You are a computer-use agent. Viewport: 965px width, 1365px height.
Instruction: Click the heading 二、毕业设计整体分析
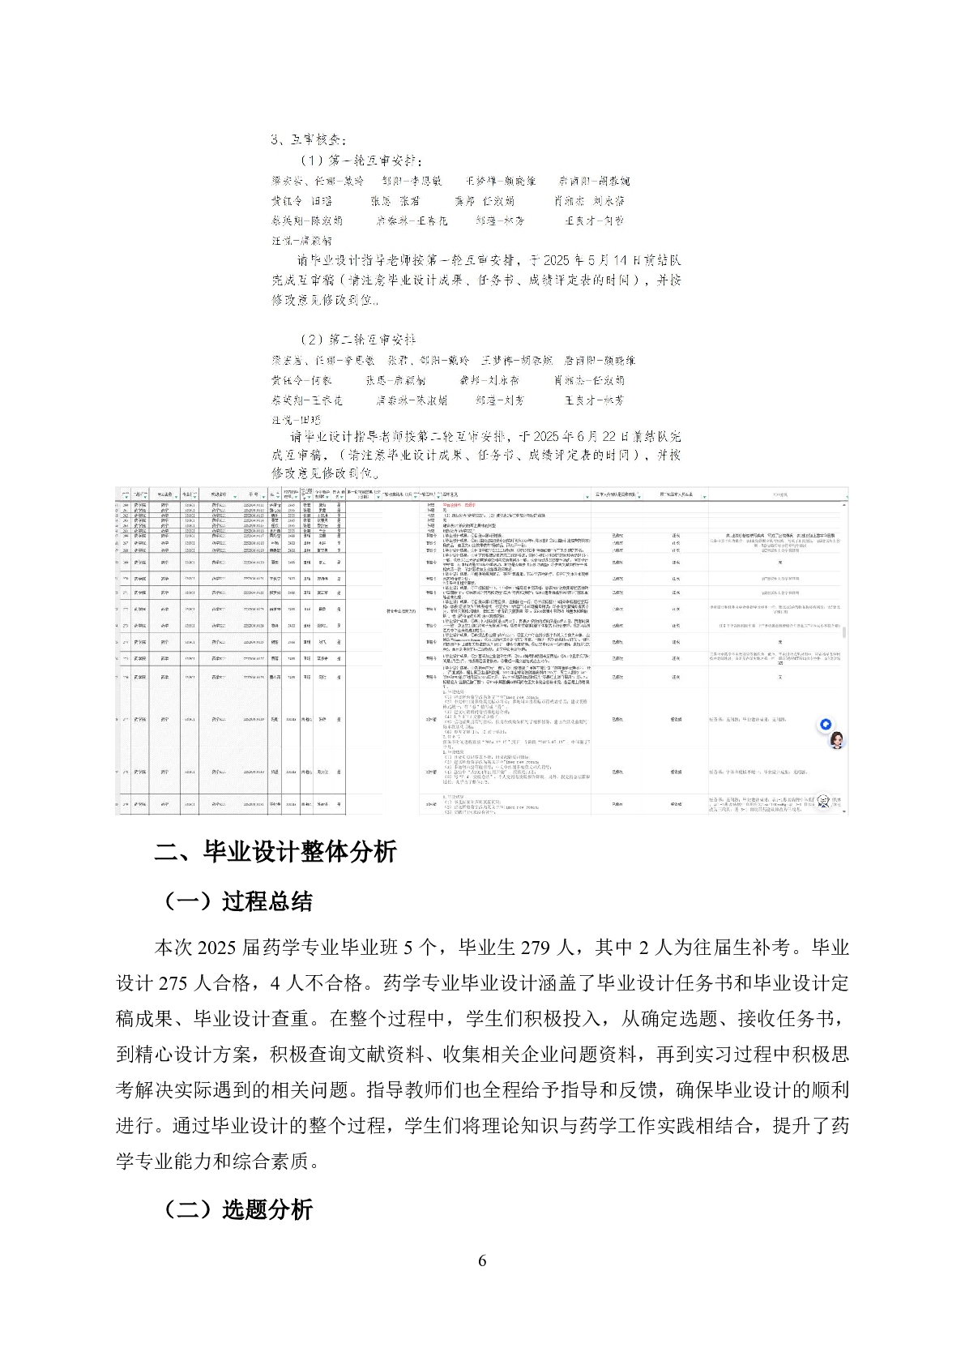275,852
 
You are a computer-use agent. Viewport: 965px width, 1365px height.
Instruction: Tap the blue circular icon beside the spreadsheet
826,725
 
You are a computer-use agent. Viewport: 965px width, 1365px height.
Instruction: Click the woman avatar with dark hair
836,740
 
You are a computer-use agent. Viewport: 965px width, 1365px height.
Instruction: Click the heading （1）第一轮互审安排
361,160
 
